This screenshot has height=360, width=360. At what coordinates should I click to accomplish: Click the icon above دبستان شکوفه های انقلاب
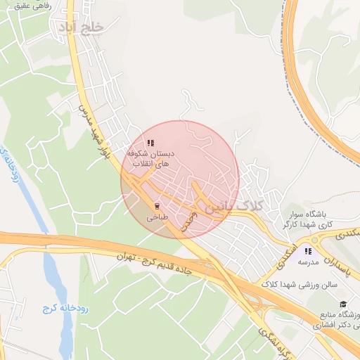click(151, 142)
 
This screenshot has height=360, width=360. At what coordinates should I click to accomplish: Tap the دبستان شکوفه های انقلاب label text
click(151, 157)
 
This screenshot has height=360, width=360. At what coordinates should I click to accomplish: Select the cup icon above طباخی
click(157, 206)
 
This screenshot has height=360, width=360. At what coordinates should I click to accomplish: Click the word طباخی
click(157, 218)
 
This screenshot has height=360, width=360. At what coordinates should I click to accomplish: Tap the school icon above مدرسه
click(307, 250)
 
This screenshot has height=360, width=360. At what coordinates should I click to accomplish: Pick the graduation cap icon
click(342, 304)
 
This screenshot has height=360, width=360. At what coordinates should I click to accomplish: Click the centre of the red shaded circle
click(180, 179)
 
